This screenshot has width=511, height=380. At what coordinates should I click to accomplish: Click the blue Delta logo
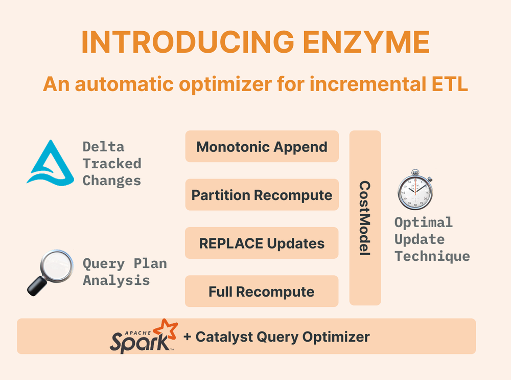[x=50, y=162]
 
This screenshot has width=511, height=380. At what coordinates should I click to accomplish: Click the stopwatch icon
[x=415, y=191]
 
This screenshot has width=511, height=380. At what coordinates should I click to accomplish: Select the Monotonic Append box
[x=262, y=147]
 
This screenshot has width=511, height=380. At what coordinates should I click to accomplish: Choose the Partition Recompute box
[x=262, y=195]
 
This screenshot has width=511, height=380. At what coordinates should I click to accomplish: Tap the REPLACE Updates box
[x=262, y=243]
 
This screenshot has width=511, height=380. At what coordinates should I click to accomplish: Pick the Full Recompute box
[x=262, y=292]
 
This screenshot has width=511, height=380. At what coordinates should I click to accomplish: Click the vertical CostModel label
[x=365, y=218]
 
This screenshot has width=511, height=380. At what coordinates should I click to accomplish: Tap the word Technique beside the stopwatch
[x=432, y=256]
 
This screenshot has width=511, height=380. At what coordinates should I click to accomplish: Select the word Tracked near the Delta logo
[x=112, y=164]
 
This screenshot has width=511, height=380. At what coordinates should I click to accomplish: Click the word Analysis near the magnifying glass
[x=116, y=280]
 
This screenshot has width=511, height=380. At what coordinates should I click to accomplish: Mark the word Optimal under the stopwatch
[x=423, y=222]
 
